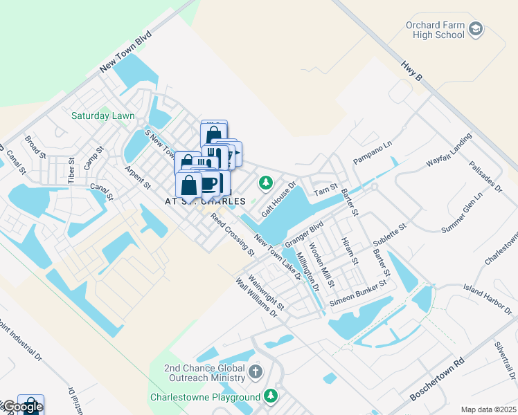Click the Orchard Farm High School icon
475,29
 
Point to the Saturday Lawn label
103,116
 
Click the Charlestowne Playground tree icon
271,396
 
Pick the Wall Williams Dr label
256,298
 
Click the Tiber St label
71,169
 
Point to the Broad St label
33,147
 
